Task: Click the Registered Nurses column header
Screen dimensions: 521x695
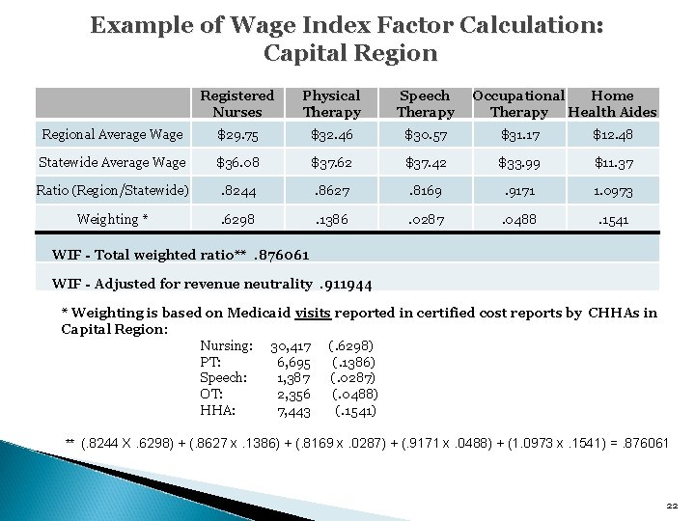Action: (x=236, y=103)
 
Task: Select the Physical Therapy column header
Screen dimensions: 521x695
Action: (x=331, y=103)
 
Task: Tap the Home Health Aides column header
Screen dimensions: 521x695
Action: (x=613, y=103)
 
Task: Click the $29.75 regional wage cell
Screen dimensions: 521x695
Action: (x=236, y=135)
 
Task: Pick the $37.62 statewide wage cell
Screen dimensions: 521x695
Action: (x=331, y=161)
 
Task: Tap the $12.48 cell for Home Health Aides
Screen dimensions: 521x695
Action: (x=613, y=135)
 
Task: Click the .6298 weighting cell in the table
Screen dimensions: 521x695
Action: (x=236, y=219)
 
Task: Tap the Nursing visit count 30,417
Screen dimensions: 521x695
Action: (x=291, y=344)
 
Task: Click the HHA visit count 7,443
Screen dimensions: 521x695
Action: (x=293, y=410)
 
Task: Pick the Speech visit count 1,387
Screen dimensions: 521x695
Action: (x=293, y=377)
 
